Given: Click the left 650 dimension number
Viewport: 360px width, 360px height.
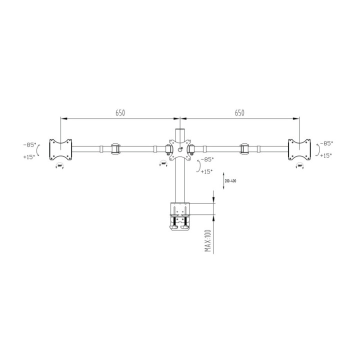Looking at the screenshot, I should coord(120,113).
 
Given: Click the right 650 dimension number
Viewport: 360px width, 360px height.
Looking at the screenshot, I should coord(239,113).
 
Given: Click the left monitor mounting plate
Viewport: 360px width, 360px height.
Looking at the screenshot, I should coord(60,149).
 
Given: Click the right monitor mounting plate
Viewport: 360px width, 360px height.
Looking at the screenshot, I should coord(298,149).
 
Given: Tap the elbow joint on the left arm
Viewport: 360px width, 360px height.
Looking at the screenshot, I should coord(115,148).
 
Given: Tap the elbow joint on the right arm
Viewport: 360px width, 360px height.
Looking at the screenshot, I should coord(244,148).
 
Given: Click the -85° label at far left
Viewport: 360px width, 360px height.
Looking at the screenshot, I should coord(29,144).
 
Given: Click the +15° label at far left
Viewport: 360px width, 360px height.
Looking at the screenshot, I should coord(29,156).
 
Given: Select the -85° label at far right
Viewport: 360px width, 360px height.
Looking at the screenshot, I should coord(326,143).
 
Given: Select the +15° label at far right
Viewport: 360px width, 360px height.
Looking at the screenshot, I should coord(326,155).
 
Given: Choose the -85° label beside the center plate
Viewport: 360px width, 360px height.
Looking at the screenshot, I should coord(206,159).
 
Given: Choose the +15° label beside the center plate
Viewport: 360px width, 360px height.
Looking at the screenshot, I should coord(206,171).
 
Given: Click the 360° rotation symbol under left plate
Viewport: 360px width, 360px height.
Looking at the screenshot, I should coord(60,166).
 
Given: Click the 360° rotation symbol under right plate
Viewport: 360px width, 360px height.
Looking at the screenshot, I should coord(300,165).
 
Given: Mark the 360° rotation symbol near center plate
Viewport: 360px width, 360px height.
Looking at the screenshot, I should coord(163,163).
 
